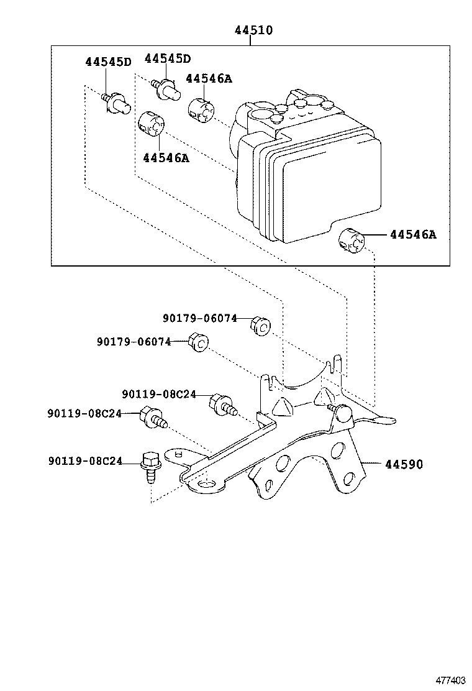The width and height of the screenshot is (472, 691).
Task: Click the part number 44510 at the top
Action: pyautogui.click(x=253, y=30)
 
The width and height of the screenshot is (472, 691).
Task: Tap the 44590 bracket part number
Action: pyautogui.click(x=404, y=464)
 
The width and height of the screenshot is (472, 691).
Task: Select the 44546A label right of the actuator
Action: pyautogui.click(x=413, y=235)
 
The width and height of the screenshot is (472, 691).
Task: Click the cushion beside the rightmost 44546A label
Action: pyautogui.click(x=351, y=239)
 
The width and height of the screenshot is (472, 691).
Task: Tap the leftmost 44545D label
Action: pyautogui.click(x=109, y=62)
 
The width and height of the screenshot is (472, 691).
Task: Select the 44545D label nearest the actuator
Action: pyautogui.click(x=168, y=58)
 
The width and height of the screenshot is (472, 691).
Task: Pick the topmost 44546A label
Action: pyautogui.click(x=209, y=78)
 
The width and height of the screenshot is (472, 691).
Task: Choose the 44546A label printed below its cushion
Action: pyautogui.click(x=166, y=158)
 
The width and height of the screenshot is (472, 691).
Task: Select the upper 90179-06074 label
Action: pyautogui.click(x=200, y=318)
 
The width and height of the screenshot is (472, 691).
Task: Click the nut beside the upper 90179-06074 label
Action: pyautogui.click(x=262, y=325)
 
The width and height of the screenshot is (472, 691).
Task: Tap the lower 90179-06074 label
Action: pyautogui.click(x=134, y=342)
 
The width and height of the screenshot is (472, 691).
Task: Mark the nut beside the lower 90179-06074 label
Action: pyautogui.click(x=199, y=342)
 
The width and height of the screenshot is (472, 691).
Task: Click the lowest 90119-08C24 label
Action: pyautogui.click(x=84, y=461)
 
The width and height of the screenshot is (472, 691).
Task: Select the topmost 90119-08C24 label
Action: pyautogui.click(x=159, y=394)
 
